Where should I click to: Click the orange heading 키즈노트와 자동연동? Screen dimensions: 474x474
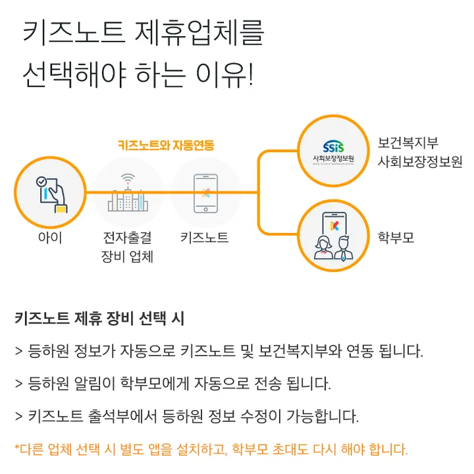pyautogui.click(x=165, y=145)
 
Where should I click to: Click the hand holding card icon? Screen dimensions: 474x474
pyautogui.click(x=50, y=192)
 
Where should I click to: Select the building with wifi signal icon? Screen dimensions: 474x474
pyautogui.click(x=128, y=192)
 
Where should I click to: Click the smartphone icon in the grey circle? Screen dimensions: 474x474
pyautogui.click(x=205, y=193)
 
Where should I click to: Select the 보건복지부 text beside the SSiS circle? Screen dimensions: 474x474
pyautogui.click(x=408, y=144)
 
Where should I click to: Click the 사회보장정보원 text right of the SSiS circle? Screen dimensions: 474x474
pyautogui.click(x=420, y=162)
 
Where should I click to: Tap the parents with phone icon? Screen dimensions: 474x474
pyautogui.click(x=334, y=237)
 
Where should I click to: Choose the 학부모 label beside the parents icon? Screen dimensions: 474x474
pyautogui.click(x=396, y=237)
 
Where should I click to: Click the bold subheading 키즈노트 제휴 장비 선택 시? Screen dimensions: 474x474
pyautogui.click(x=99, y=319)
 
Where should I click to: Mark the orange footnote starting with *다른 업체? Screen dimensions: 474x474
pyautogui.click(x=211, y=450)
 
